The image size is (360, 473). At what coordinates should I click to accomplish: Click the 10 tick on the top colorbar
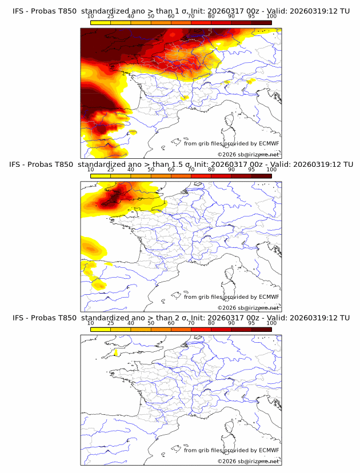point(91,16)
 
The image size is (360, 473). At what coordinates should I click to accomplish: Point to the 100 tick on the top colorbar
point(271,16)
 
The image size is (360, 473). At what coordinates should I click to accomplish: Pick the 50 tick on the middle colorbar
point(151,170)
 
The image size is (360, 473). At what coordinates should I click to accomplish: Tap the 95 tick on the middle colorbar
point(251,170)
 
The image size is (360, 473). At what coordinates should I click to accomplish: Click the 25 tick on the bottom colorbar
point(111,323)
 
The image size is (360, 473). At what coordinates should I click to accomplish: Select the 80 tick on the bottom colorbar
point(211,323)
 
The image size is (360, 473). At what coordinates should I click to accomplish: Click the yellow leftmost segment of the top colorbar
point(101,22)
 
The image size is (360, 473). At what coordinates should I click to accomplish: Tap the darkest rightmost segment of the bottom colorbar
point(261,328)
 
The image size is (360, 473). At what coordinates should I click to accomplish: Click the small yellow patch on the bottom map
point(116,352)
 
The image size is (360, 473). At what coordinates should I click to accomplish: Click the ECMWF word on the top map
point(269,143)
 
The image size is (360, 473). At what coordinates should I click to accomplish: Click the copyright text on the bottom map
point(248,461)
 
